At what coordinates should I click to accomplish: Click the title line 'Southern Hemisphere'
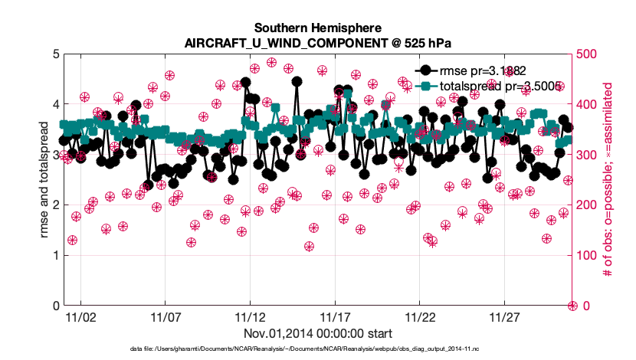(x=317, y=27)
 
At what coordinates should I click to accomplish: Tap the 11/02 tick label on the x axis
(x=80, y=316)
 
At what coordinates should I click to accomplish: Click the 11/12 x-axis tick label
(x=250, y=316)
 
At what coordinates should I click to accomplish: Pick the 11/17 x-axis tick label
(x=335, y=316)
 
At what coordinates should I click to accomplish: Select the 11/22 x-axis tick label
(x=420, y=316)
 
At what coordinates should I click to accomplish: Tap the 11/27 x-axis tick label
(x=505, y=316)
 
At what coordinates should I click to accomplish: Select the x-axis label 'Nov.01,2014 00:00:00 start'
(x=317, y=333)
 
